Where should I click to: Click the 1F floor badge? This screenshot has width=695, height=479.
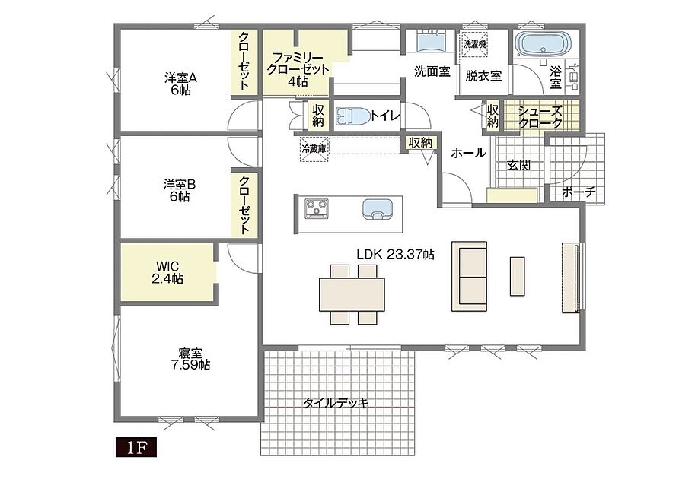click(136, 448)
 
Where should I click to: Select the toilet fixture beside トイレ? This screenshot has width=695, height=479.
click(352, 116)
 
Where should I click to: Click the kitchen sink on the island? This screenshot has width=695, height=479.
click(378, 209)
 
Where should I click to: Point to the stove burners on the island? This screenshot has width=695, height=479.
click(317, 208)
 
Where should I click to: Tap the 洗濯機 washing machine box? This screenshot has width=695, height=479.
click(475, 44)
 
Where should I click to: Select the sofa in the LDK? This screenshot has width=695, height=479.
click(470, 276)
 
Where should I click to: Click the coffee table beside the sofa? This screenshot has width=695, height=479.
click(517, 276)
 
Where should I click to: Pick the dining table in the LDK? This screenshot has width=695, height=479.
click(352, 294)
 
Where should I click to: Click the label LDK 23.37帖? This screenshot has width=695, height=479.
click(395, 254)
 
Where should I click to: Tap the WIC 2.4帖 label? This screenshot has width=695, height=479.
click(167, 273)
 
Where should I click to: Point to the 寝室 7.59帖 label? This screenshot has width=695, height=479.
click(190, 359)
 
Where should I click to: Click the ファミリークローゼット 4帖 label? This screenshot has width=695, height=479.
click(297, 69)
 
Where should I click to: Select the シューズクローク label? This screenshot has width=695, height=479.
click(540, 117)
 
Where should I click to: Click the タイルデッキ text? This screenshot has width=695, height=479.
click(336, 403)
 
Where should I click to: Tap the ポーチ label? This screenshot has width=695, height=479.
click(579, 192)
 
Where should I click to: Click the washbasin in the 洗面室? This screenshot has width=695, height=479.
click(432, 42)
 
